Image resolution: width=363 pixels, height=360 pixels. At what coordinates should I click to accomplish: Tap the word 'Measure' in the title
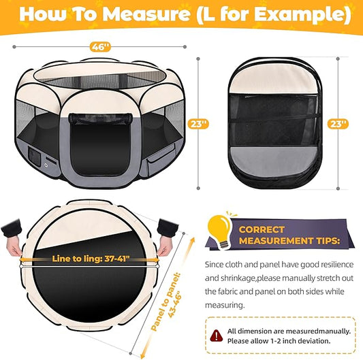pos(144,14)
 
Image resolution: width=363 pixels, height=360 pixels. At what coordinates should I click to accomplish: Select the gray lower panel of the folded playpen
pos(273,159)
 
